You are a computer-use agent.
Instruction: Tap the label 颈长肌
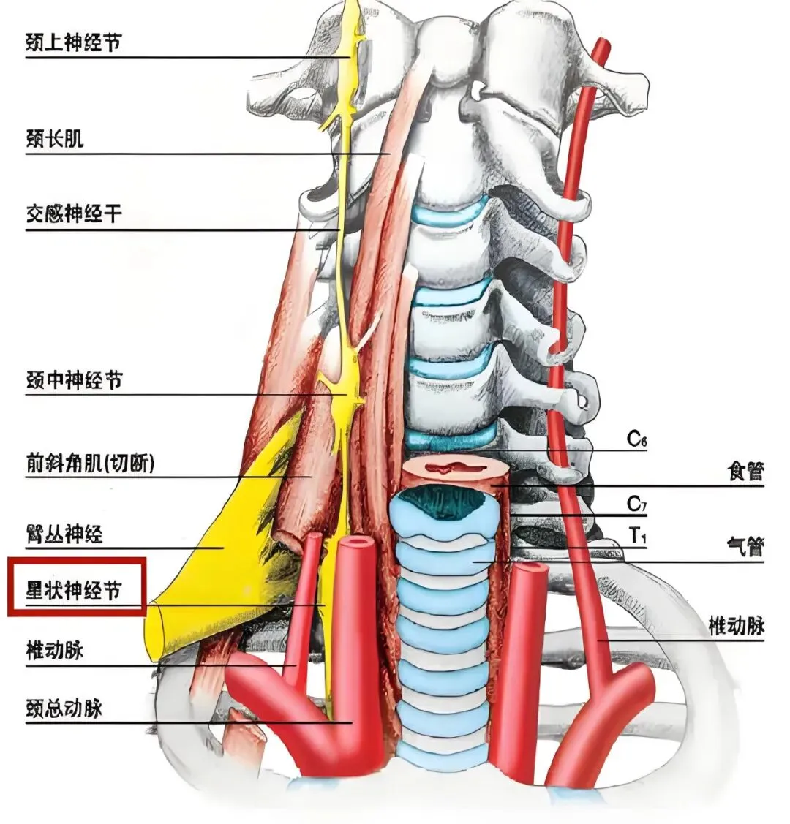coord(55,139)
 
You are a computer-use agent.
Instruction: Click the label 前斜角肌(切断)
coord(90,463)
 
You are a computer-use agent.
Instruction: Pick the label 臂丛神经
coord(64,534)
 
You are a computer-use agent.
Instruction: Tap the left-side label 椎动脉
coord(55,650)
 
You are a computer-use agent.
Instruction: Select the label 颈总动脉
coord(64,708)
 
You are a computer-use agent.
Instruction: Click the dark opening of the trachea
coord(445,502)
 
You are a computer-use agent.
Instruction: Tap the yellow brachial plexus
coord(219,556)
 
